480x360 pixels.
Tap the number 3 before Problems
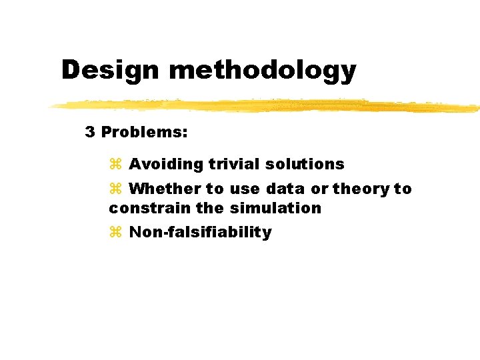(x=90, y=132)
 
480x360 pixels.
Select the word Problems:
(x=144, y=132)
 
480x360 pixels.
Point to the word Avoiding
(x=166, y=164)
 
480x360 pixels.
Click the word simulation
(x=275, y=208)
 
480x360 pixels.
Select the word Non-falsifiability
(x=200, y=233)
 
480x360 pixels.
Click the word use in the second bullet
(x=245, y=189)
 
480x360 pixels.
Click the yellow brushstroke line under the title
(x=267, y=105)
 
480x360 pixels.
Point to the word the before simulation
(x=210, y=208)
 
